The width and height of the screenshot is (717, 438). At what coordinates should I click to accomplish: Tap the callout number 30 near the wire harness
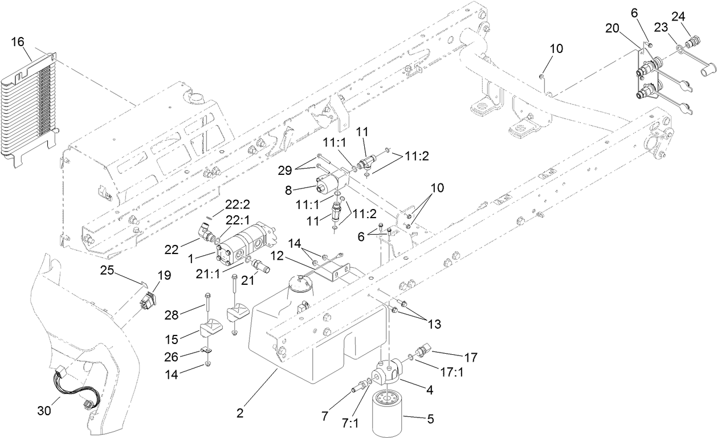(x=44, y=410)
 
